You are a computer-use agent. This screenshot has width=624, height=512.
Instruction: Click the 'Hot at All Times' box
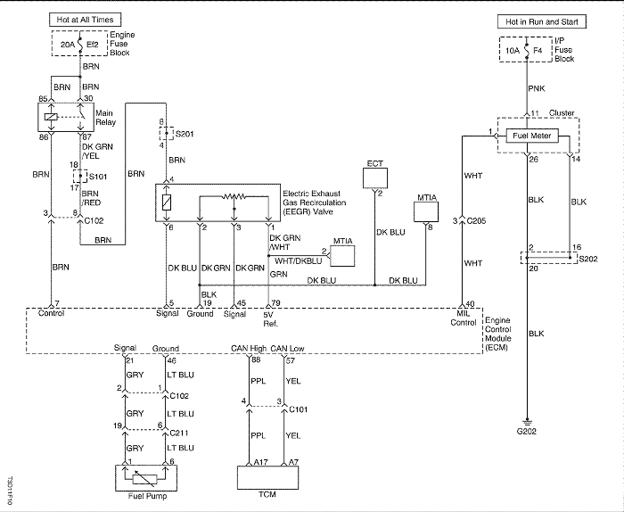[x=85, y=20]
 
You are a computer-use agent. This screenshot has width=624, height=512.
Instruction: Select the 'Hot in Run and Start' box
[x=542, y=22]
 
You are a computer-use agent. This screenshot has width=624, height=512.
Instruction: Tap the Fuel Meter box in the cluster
[x=531, y=136]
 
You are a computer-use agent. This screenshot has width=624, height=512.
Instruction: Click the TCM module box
[x=267, y=478]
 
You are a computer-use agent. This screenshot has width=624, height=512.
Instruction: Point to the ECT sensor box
[x=375, y=178]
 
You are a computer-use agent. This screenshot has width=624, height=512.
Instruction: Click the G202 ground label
[x=527, y=431]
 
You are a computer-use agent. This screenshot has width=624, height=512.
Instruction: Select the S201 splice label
[x=185, y=134]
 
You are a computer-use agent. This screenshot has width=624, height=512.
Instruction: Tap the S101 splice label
[x=98, y=177]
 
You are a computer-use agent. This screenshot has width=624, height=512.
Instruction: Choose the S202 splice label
[x=587, y=259]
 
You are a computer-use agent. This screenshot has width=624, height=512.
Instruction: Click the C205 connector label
[x=476, y=221]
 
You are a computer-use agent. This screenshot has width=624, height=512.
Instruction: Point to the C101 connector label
[x=298, y=409]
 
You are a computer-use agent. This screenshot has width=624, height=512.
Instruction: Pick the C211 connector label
[x=178, y=433]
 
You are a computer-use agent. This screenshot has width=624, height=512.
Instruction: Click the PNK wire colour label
[x=537, y=88]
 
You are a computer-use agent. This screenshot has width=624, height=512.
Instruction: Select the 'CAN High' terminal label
[x=249, y=349]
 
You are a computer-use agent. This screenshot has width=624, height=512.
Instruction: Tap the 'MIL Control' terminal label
[x=464, y=318]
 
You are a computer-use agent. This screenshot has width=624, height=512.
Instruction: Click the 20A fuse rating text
[x=68, y=45]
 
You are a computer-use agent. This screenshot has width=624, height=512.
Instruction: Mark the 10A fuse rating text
[x=513, y=51]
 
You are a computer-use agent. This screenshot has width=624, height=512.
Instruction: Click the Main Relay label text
[x=105, y=118]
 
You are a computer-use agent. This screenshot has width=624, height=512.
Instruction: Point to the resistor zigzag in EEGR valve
[x=234, y=196]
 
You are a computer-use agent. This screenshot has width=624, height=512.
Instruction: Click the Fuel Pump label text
[x=147, y=496]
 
